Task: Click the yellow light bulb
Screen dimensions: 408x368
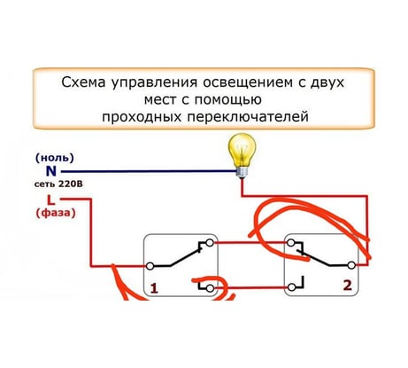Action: click(242, 155)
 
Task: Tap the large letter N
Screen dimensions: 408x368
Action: click(51, 171)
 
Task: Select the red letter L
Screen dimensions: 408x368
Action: click(51, 200)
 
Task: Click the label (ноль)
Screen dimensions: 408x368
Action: click(55, 158)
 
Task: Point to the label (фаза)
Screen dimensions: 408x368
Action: click(56, 213)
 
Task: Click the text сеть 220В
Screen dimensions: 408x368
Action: click(58, 184)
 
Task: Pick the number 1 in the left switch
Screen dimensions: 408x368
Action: click(154, 288)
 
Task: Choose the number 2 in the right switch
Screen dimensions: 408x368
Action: click(348, 286)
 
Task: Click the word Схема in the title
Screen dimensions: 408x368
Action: click(83, 82)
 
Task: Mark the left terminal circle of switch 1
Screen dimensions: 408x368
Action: click(150, 266)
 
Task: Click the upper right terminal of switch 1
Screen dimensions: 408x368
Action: click(210, 243)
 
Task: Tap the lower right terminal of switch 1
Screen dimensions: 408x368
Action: click(210, 288)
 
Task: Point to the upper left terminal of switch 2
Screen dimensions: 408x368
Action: click(291, 243)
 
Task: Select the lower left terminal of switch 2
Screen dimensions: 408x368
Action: click(291, 287)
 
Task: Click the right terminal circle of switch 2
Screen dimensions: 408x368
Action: click(351, 265)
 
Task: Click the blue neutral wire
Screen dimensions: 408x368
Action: click(149, 171)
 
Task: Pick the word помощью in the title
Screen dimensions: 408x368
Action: click(227, 100)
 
